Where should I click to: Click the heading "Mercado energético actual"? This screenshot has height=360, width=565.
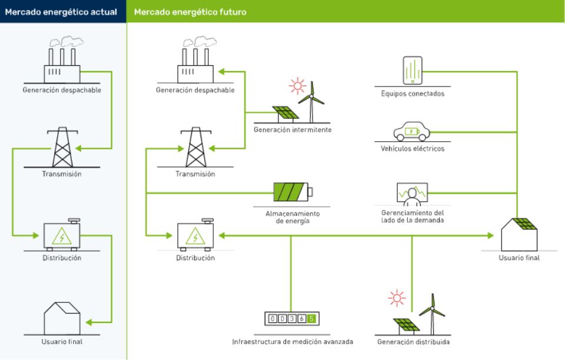(x=61, y=12)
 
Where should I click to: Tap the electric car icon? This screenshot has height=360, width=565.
(x=412, y=131)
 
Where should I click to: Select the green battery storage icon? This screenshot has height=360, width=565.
(x=293, y=192)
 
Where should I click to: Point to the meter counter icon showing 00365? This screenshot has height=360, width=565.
(x=293, y=319)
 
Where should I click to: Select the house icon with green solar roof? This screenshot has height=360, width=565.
(x=519, y=234)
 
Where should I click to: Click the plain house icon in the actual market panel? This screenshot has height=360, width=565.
(x=62, y=318)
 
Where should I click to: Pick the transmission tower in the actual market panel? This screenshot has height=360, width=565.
(x=62, y=148)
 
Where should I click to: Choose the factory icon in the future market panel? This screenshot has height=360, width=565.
(x=195, y=61)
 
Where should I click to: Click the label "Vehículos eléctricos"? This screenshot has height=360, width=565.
(x=412, y=149)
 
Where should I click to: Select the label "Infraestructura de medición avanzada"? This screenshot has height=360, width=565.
(x=293, y=341)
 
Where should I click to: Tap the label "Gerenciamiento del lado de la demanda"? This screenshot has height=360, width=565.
(x=412, y=216)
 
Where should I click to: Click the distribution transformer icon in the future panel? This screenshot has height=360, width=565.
(x=195, y=236)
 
